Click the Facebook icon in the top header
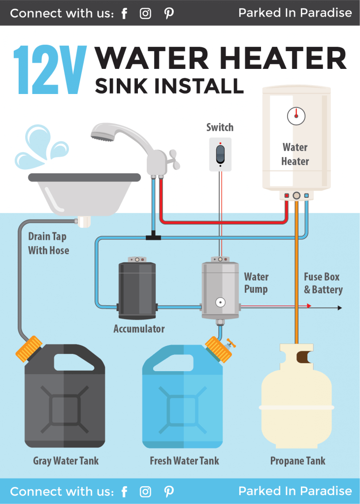tap(124, 13)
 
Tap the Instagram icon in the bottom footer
tap(145, 491)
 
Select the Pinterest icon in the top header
tap(169, 13)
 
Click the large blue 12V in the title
tap(50, 70)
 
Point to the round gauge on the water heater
tap(296, 116)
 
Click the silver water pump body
tap(221, 290)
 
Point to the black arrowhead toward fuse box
tap(339, 308)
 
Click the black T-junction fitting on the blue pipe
tap(153, 237)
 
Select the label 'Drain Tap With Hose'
tap(48, 244)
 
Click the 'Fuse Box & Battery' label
tap(322, 283)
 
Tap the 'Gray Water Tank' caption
tap(65, 461)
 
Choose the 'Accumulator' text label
tap(139, 329)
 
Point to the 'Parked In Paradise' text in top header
tap(295, 13)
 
